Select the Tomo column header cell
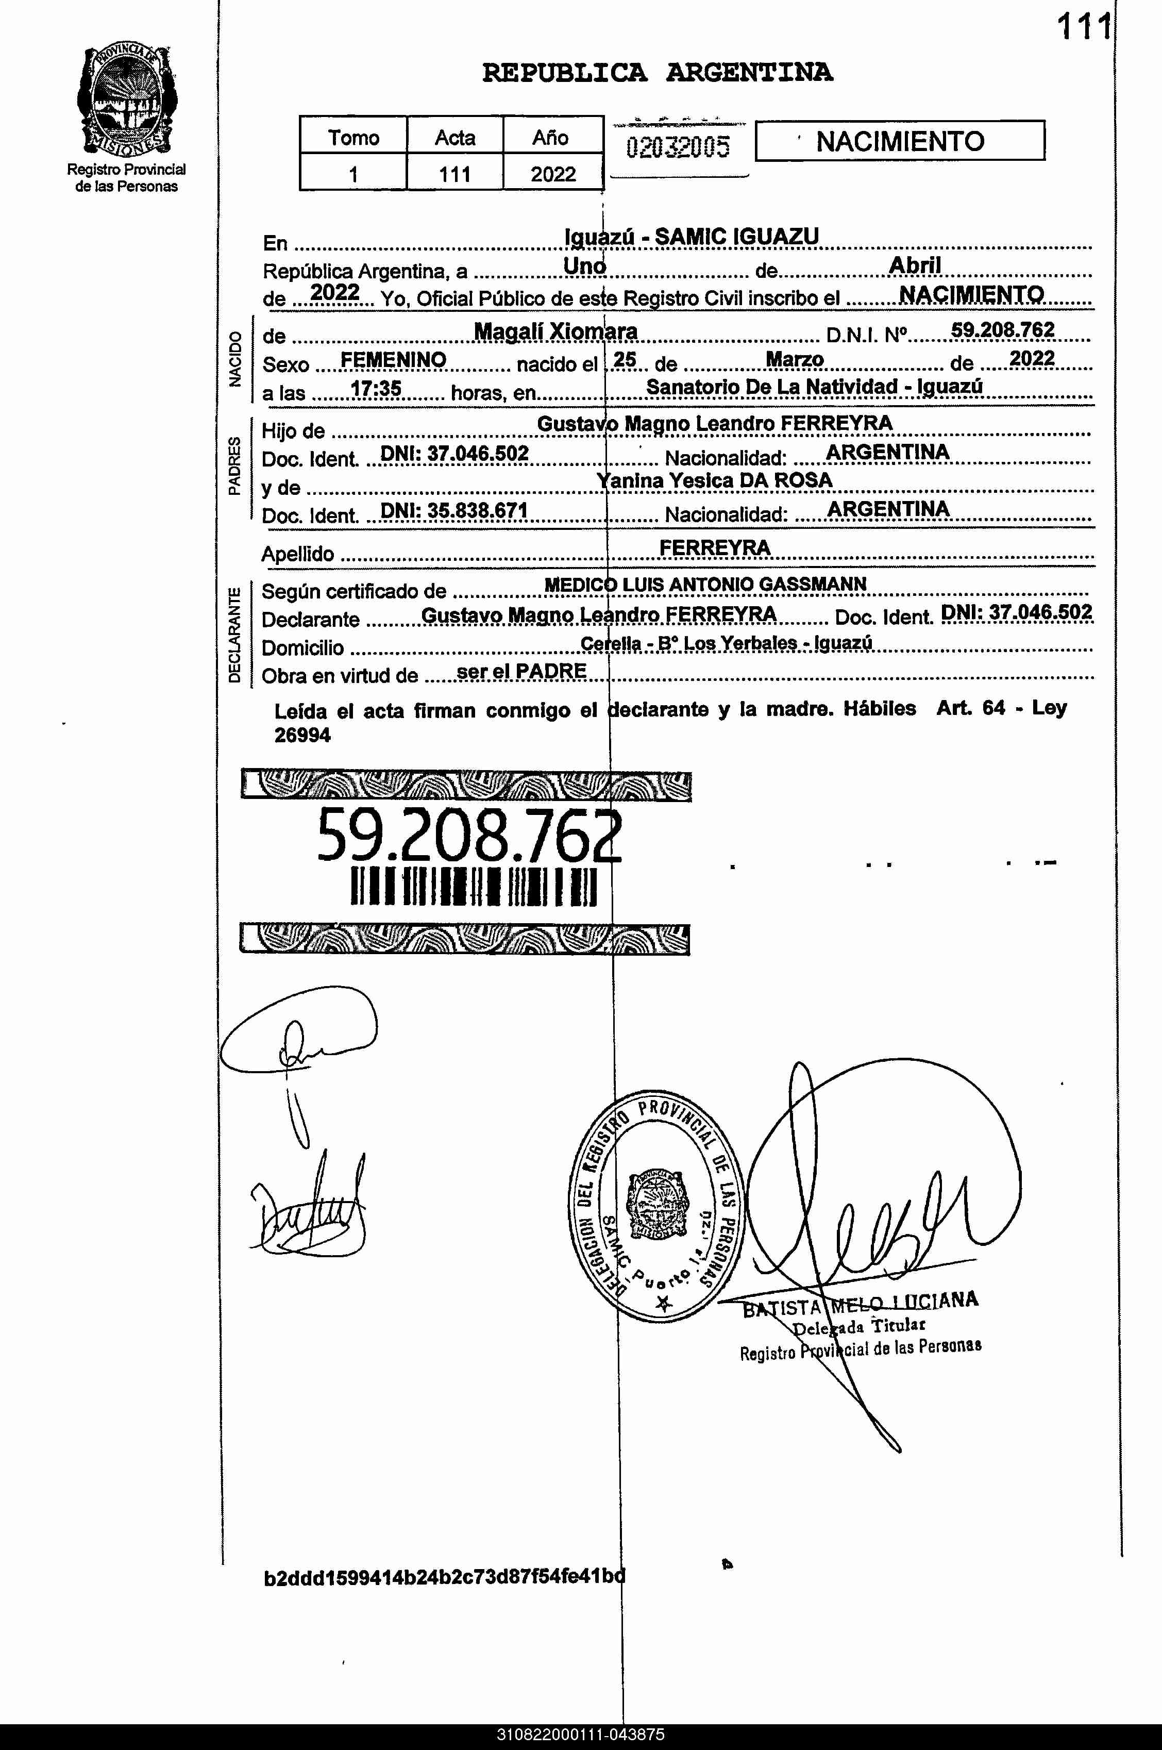click(353, 137)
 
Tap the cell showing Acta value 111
click(454, 174)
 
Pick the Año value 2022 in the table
click(553, 174)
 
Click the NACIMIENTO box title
click(900, 141)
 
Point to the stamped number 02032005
click(677, 147)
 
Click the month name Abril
click(915, 265)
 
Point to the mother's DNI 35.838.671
click(453, 511)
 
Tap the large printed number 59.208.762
click(469, 836)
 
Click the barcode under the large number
click(473, 887)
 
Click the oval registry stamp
click(654, 1206)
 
